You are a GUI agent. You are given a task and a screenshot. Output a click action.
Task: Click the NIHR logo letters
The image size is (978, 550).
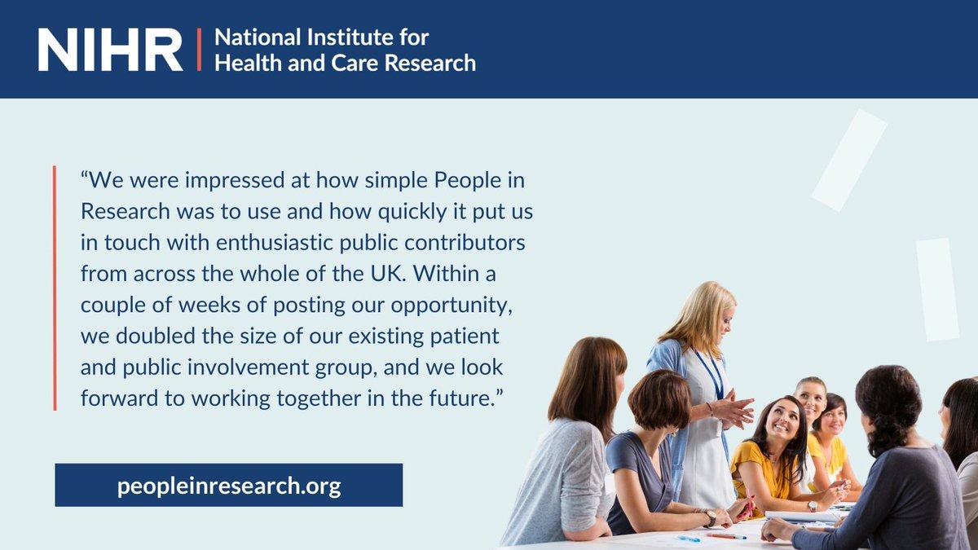pyautogui.click(x=110, y=50)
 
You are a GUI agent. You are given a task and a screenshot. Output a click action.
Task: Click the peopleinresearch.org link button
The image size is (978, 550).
pyautogui.click(x=228, y=486)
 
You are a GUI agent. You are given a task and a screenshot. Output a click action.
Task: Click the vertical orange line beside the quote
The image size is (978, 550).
pyautogui.click(x=55, y=288)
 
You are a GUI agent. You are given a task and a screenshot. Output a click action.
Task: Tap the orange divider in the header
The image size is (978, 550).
pyautogui.click(x=198, y=50)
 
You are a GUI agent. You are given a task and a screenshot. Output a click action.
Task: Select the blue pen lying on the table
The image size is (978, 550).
pyautogui.click(x=689, y=539)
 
